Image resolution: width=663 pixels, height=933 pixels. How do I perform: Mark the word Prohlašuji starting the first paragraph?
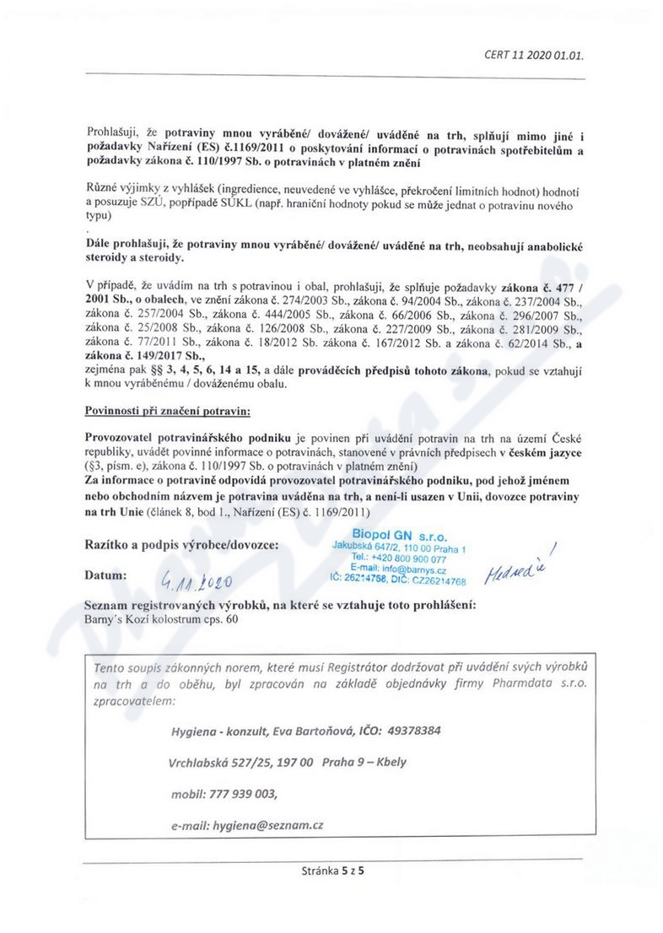point(116,133)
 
